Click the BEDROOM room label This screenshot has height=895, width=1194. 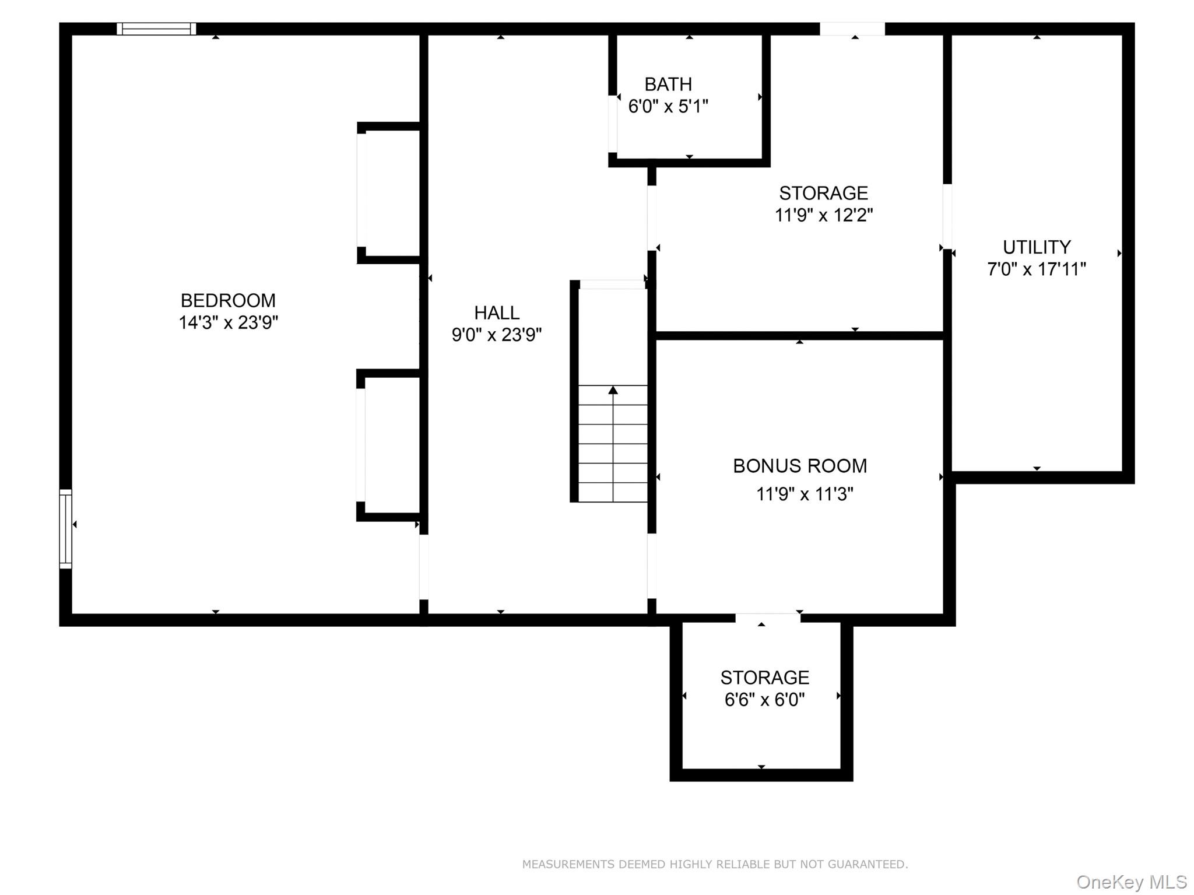[228, 300]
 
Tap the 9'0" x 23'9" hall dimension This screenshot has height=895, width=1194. [497, 335]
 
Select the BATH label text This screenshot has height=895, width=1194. [668, 85]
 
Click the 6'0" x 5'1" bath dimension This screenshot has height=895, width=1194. [668, 107]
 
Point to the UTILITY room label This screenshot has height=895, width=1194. [1036, 247]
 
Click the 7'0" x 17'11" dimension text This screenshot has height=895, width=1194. [1036, 269]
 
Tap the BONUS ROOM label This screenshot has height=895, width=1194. [799, 466]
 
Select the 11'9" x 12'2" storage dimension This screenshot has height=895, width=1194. [823, 215]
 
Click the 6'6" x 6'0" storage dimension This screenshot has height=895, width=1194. [764, 699]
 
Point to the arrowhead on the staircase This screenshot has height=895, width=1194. [613, 389]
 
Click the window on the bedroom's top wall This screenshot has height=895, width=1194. [156, 29]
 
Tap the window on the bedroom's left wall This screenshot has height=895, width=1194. [65, 529]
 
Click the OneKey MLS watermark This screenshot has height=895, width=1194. [1131, 882]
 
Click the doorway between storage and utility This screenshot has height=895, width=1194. [947, 216]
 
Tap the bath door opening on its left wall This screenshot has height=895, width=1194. [612, 124]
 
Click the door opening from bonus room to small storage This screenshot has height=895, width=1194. [767, 618]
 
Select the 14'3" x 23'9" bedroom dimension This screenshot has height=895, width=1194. [228, 322]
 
